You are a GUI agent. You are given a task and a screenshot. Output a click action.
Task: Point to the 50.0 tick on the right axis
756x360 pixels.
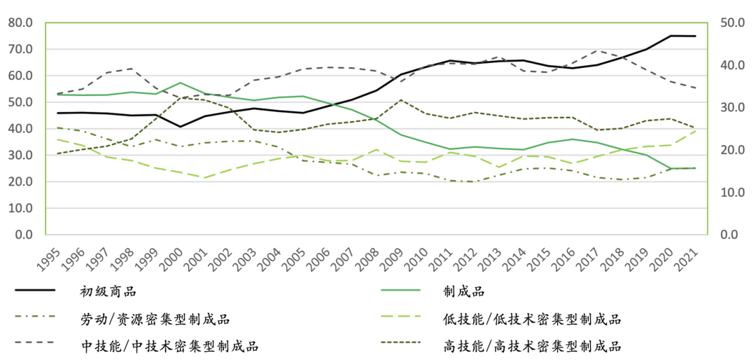pos(731,22)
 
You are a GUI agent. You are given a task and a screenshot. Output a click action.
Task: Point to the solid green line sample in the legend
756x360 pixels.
pos(400,291)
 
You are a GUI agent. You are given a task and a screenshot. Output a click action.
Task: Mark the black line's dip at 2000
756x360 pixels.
pos(181,127)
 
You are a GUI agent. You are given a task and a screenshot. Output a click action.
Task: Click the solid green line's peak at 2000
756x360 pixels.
pos(181,83)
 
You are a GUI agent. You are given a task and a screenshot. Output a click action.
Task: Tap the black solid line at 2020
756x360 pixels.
pos(671,36)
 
